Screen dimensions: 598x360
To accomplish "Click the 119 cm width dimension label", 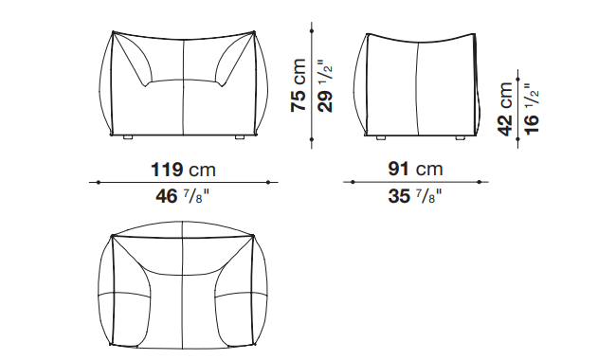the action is pyautogui.click(x=184, y=170).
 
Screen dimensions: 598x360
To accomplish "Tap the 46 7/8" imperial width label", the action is pyautogui.click(x=182, y=196).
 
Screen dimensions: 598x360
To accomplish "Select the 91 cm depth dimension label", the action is pyautogui.click(x=415, y=169).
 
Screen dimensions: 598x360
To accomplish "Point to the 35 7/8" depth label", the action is pyautogui.click(x=415, y=196).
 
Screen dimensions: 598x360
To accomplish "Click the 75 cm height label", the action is pyautogui.click(x=299, y=85).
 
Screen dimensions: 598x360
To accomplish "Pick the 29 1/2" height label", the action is pyautogui.click(x=325, y=86).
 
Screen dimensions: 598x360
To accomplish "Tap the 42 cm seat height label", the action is pyautogui.click(x=505, y=109).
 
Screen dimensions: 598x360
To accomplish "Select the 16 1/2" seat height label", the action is pyautogui.click(x=532, y=109).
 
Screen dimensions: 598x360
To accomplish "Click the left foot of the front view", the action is pyautogui.click(x=128, y=137).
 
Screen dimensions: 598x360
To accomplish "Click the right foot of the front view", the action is pyautogui.click(x=240, y=137).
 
